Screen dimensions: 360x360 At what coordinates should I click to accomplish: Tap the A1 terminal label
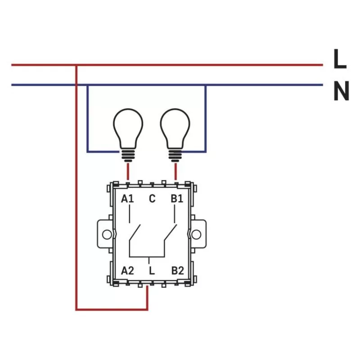(128, 198)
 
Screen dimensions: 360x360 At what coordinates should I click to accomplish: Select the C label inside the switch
(152, 198)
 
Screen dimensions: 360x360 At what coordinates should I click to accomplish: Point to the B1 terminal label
(177, 198)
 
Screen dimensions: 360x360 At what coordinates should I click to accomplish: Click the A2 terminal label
(128, 271)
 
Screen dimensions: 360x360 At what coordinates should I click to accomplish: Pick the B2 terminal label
(177, 271)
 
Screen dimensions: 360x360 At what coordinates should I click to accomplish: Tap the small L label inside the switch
(152, 271)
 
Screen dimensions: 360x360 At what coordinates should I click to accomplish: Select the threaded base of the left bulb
(128, 155)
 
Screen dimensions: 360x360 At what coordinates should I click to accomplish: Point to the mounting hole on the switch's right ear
(197, 234)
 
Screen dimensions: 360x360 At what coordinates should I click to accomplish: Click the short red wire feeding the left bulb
(128, 171)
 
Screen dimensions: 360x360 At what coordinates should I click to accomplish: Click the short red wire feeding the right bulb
(175, 171)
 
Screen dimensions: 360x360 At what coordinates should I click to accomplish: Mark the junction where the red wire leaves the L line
(76, 65)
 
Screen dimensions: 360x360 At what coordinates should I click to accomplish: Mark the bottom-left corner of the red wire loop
(76, 309)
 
